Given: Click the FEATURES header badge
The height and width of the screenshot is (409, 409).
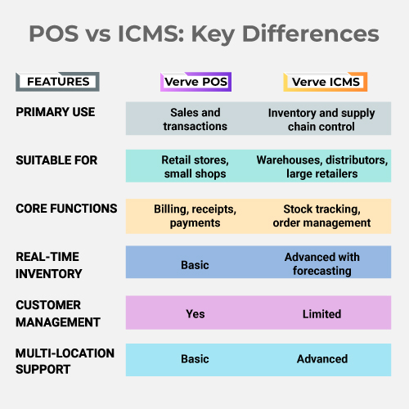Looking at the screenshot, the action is [x=57, y=82].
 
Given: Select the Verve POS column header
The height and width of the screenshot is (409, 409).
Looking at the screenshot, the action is [x=196, y=82].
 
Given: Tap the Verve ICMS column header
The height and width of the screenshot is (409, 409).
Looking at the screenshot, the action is [x=326, y=82].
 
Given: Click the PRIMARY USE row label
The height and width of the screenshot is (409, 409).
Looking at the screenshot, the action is [x=56, y=112].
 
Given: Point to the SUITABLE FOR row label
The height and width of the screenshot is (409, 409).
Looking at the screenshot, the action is [x=56, y=160].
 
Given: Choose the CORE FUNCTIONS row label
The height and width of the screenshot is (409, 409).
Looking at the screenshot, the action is [x=66, y=209].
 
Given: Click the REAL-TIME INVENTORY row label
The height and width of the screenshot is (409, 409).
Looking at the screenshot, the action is [x=49, y=265].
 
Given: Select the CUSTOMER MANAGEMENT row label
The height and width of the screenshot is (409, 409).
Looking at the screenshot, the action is [x=58, y=313].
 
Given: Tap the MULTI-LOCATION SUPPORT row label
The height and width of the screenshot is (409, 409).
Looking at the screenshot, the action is [x=65, y=362].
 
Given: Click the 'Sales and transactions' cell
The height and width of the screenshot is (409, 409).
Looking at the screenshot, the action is [x=196, y=119].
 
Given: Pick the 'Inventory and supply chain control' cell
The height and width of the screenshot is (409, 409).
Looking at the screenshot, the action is [x=321, y=119].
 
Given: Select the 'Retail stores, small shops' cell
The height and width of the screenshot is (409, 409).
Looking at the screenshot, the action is [x=196, y=167].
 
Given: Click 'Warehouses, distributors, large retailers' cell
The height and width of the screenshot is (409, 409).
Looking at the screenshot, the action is [x=322, y=167].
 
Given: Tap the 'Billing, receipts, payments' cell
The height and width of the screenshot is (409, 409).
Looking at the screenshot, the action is [x=196, y=216].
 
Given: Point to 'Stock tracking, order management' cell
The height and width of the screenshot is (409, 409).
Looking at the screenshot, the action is [x=321, y=216].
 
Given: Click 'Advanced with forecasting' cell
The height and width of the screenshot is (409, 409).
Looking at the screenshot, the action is [x=322, y=264].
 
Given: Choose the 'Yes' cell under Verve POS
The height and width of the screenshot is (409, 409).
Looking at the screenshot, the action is [x=196, y=314].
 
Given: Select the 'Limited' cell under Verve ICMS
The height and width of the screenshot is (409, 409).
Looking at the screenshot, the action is [x=321, y=314].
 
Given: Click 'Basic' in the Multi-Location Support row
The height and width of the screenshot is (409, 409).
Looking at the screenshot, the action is [x=195, y=359].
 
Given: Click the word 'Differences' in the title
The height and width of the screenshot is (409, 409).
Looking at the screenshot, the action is [x=311, y=34].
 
